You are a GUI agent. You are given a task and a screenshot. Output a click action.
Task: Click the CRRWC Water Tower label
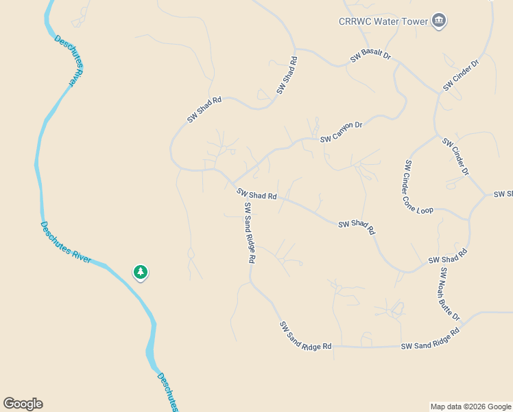pyautogui.click(x=383, y=21)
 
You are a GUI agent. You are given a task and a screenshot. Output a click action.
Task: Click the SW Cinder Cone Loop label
pyautogui.click(x=418, y=187)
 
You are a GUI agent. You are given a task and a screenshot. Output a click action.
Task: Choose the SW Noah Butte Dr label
pyautogui.click(x=449, y=294)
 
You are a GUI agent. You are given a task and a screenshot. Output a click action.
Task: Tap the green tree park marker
pyautogui.click(x=141, y=273)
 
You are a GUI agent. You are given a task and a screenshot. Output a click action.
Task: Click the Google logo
pyautogui.click(x=23, y=404)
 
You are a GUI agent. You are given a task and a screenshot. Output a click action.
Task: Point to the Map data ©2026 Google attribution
pyautogui.click(x=471, y=407)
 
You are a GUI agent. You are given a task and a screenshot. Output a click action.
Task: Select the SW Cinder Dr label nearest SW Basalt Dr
pyautogui.click(x=460, y=76)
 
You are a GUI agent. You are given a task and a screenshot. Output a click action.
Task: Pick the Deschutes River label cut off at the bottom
pyautogui.click(x=167, y=392)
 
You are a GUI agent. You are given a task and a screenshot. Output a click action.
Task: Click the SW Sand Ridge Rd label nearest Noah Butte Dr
pyautogui.click(x=429, y=340)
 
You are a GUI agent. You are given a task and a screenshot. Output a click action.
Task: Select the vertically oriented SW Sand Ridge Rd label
pyautogui.click(x=250, y=233)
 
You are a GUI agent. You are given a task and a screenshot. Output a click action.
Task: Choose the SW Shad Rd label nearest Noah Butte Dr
pyautogui.click(x=447, y=256)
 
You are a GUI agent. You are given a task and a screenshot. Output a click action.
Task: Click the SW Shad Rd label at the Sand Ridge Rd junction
pyautogui.click(x=256, y=194)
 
